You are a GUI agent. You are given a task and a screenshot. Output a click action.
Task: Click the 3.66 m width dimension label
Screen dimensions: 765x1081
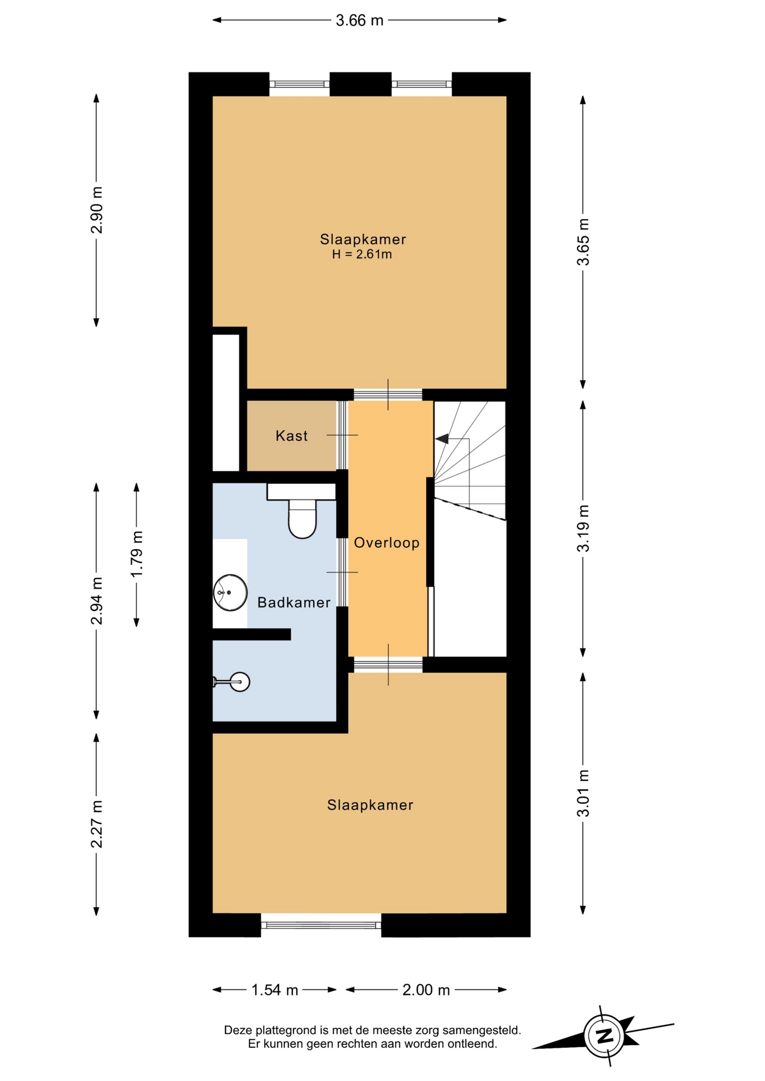click(359, 21)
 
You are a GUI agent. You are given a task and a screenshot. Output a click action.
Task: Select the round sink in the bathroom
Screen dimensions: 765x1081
click(230, 592)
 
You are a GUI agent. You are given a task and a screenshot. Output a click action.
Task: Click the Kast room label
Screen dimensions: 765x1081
click(292, 436)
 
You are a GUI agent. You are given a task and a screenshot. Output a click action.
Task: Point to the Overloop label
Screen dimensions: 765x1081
click(386, 543)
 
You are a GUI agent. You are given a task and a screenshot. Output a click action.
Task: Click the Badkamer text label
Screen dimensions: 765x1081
click(293, 602)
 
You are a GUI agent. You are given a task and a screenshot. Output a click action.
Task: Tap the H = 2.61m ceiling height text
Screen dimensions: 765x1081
click(362, 254)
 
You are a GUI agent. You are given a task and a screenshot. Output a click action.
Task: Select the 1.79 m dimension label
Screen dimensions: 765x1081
click(137, 554)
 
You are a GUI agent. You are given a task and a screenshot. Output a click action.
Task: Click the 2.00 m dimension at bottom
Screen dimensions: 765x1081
click(426, 990)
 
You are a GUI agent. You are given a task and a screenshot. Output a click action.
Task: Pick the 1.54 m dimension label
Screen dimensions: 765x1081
click(274, 990)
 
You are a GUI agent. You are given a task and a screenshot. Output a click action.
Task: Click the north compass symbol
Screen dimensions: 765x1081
click(603, 1035)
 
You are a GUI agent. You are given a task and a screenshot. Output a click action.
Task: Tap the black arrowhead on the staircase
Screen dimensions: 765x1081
click(442, 439)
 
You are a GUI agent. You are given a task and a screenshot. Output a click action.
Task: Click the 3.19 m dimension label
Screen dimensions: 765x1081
click(584, 528)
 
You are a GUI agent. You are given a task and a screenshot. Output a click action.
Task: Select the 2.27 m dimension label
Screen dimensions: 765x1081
click(97, 824)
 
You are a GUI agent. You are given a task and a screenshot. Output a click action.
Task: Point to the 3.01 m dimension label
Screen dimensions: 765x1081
click(584, 793)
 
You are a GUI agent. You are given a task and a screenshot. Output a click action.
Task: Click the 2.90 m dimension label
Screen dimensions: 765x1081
click(97, 209)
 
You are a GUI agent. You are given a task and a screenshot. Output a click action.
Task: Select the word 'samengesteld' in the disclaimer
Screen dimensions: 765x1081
click(481, 1031)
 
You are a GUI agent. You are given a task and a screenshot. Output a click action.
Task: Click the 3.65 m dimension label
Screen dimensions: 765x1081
click(584, 242)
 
